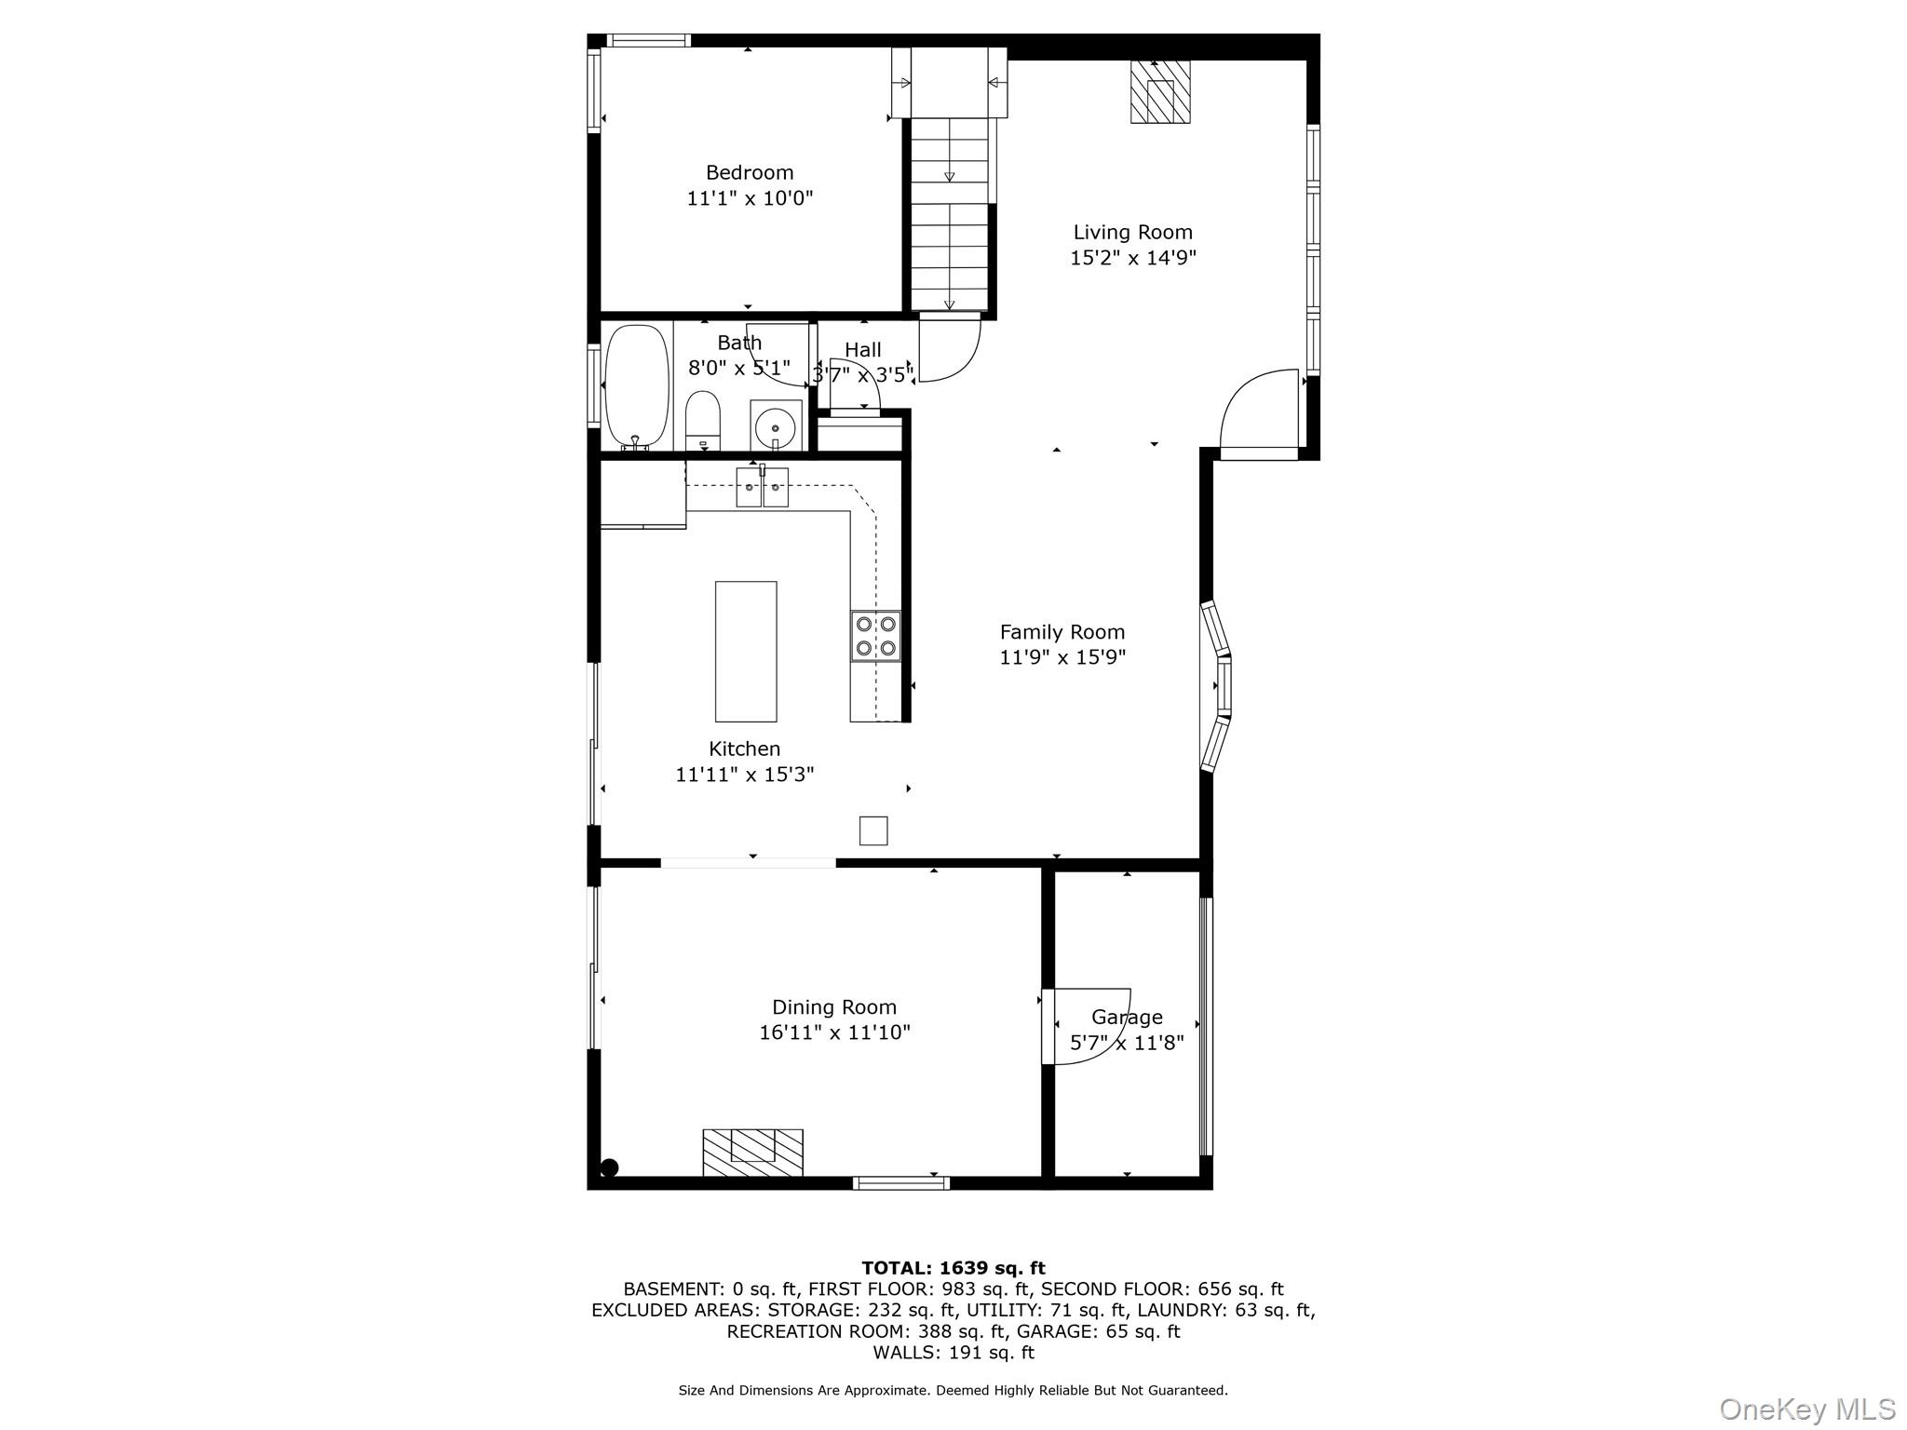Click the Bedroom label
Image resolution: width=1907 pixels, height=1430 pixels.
pos(750,172)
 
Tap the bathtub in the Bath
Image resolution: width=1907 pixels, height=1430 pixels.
pos(637,386)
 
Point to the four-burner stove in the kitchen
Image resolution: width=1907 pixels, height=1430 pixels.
pos(875,636)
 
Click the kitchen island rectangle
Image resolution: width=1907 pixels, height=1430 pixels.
pos(746,651)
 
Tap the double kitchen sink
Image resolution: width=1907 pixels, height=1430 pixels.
pos(763,487)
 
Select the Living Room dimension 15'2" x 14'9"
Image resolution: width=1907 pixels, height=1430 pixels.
pos(1132,258)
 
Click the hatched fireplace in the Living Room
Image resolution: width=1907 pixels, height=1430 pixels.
pos(1160,92)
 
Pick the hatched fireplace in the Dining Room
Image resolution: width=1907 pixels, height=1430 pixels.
pos(752,1152)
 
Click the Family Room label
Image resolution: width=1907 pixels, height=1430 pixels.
pos(1062,632)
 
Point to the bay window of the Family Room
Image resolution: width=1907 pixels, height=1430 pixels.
pos(1216,687)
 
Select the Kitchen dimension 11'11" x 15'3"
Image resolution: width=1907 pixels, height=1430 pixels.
pos(745,775)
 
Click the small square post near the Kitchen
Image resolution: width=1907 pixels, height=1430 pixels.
pos(873,830)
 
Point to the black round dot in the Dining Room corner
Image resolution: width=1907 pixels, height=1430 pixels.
pos(610,1167)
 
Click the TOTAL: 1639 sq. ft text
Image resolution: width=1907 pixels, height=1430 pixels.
pos(953,1268)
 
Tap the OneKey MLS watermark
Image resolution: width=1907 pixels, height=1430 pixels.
pos(1806,1410)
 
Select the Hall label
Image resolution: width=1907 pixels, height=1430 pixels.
pos(863,350)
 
